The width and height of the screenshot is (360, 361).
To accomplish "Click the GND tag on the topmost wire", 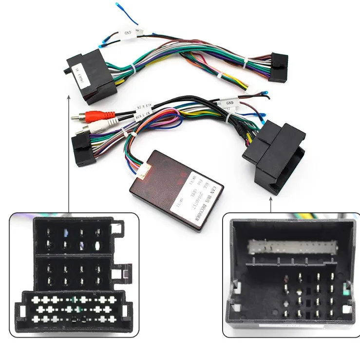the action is (128, 34).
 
